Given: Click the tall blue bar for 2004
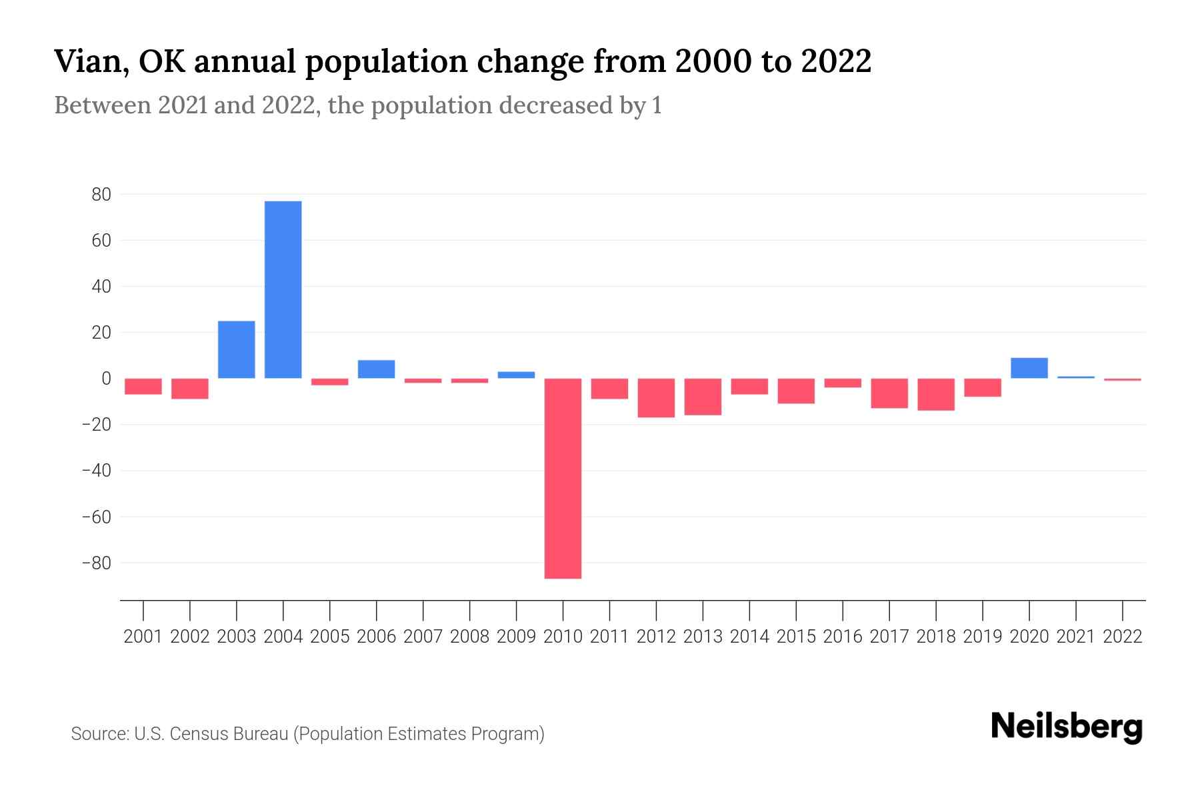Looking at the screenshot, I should tap(283, 289).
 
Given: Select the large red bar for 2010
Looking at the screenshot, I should tap(563, 478).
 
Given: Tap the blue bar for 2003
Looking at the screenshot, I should tap(236, 349).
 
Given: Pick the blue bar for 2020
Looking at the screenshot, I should tap(1029, 368).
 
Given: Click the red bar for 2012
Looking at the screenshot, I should tap(656, 398).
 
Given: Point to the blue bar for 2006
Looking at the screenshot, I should tap(376, 369).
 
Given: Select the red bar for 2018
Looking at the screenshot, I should tap(935, 394).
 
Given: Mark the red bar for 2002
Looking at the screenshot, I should tap(190, 389).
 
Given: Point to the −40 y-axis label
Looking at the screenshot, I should tap(96, 471).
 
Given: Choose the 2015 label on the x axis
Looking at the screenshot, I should tap(796, 637).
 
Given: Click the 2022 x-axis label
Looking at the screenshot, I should tap(1123, 637).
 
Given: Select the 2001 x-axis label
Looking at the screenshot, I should tap(143, 637).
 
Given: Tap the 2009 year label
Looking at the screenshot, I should tap(516, 637).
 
